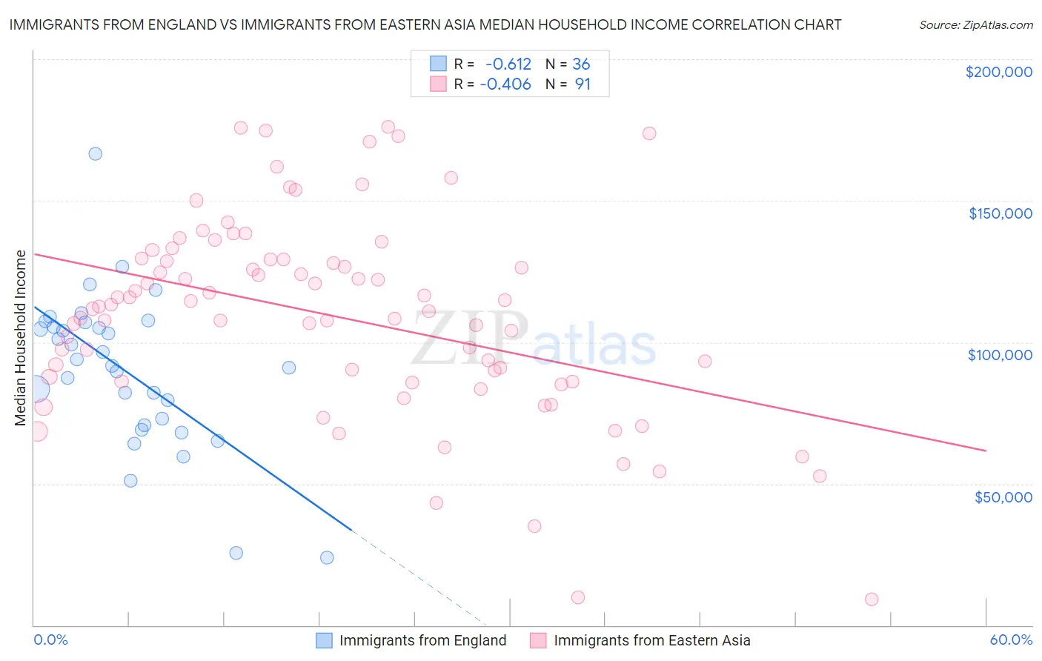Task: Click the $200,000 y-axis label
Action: pyautogui.click(x=998, y=72)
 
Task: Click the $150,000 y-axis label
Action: pyautogui.click(x=1000, y=213)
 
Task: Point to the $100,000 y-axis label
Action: pyautogui.click(x=1000, y=355)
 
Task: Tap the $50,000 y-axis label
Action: pyautogui.click(x=1003, y=496)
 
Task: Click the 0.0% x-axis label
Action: pyautogui.click(x=50, y=640)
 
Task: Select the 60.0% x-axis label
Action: pyautogui.click(x=1011, y=640)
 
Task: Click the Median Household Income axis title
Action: pyautogui.click(x=21, y=338)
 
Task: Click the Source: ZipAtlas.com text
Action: pyautogui.click(x=975, y=25)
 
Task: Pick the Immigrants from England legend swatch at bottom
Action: pyautogui.click(x=324, y=640)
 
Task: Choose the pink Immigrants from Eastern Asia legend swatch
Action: pyautogui.click(x=538, y=640)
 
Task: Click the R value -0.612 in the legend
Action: pyautogui.click(x=508, y=64)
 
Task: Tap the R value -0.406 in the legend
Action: pyautogui.click(x=505, y=84)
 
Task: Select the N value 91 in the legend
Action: pyautogui.click(x=583, y=84)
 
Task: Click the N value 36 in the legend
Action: pyautogui.click(x=581, y=64)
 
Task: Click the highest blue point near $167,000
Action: pyautogui.click(x=96, y=154)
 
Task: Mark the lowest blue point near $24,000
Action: pyautogui.click(x=327, y=557)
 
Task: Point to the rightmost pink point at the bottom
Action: pyautogui.click(x=872, y=599)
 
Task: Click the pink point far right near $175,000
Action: pyautogui.click(x=649, y=133)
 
